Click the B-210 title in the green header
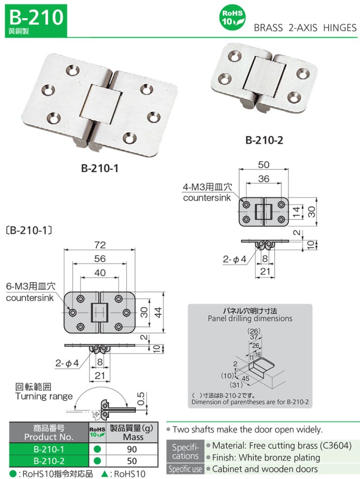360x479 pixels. tap(36, 17)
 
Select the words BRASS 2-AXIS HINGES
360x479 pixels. tap(305, 28)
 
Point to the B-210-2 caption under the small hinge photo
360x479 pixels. tap(264, 140)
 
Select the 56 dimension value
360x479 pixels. tap(100, 259)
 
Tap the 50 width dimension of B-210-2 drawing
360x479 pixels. tap(264, 164)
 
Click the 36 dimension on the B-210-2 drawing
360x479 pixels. tap(264, 178)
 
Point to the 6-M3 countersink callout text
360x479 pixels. tap(30, 291)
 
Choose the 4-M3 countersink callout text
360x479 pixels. tap(206, 192)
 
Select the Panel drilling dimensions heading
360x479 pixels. tap(250, 319)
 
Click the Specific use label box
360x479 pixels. tap(186, 469)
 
